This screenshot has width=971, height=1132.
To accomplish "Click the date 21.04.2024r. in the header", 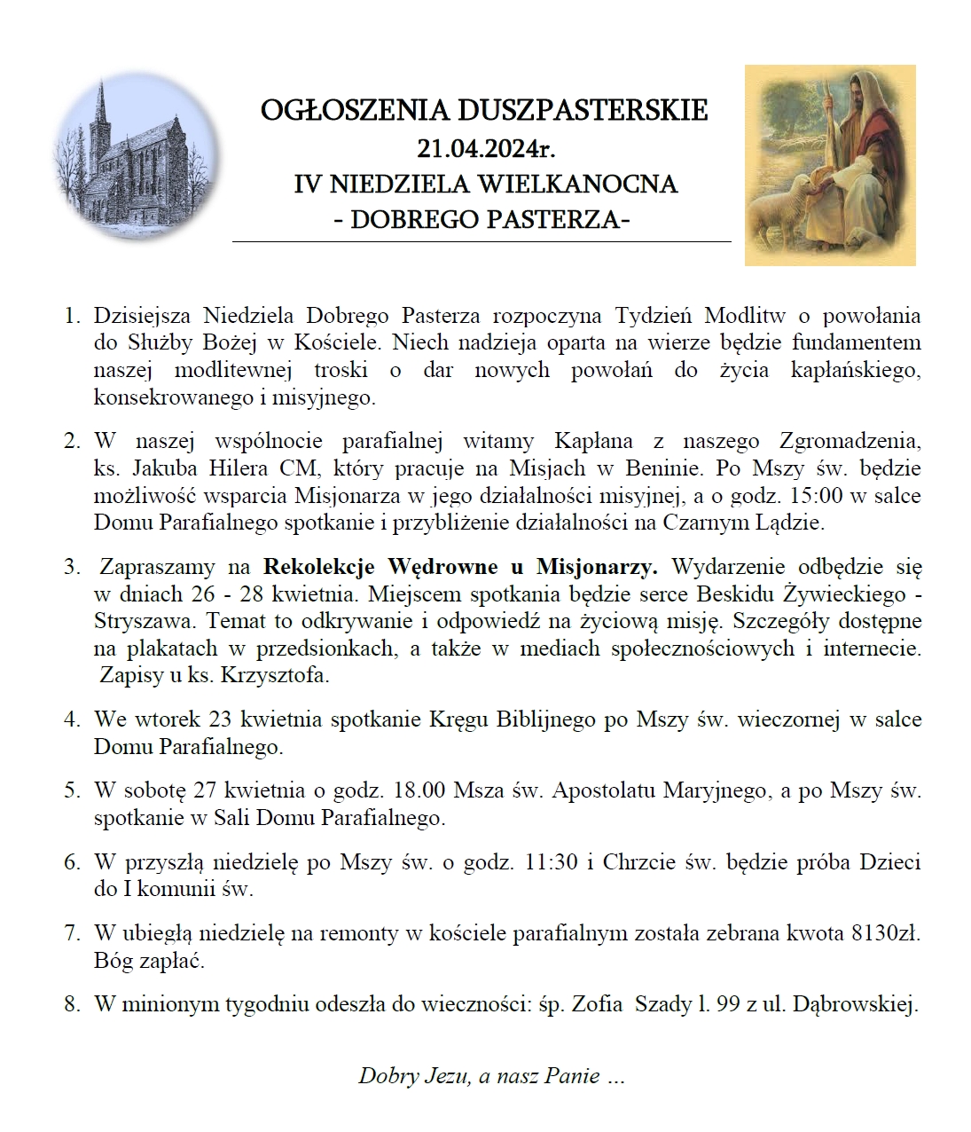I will pos(485,147).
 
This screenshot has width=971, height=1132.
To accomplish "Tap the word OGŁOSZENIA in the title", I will pos(356,110).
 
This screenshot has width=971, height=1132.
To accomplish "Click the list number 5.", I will pos(72,790).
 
